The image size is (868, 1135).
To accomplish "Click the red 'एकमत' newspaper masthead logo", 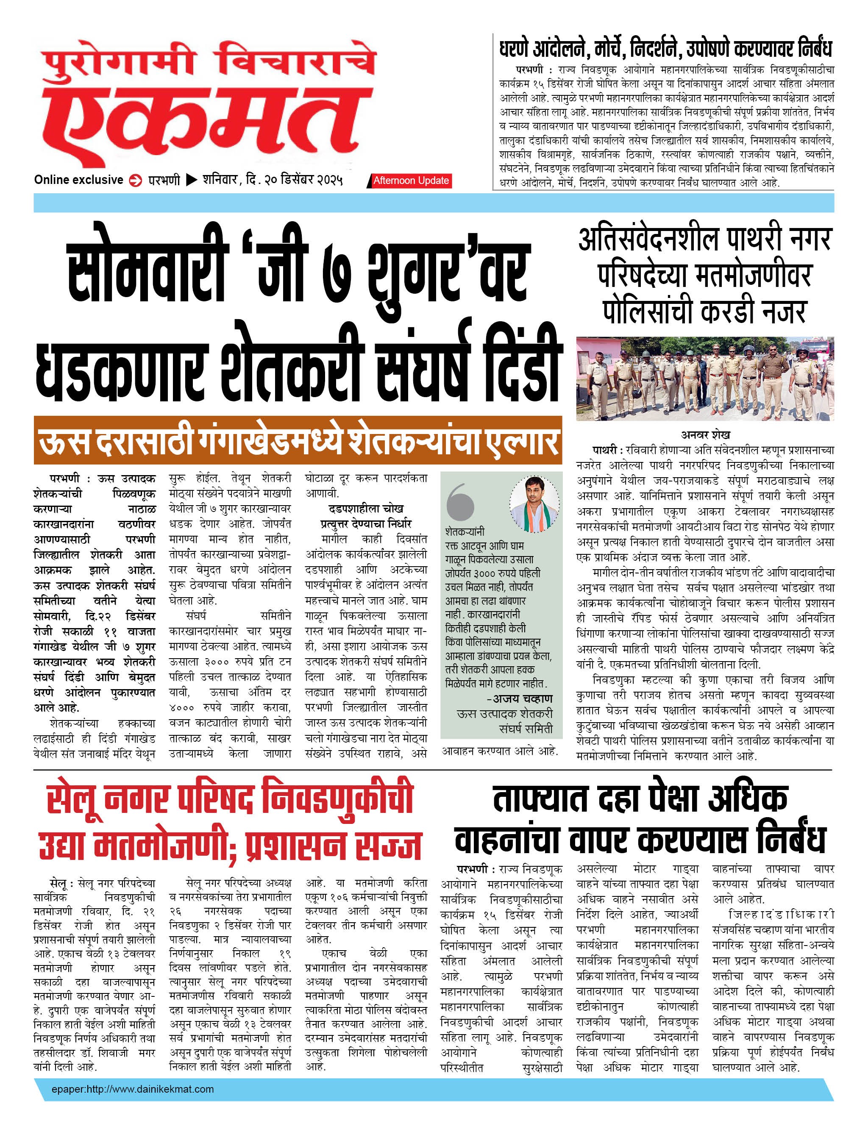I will pyautogui.click(x=207, y=121).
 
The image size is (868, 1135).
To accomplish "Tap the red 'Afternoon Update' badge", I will pyautogui.click(x=411, y=180).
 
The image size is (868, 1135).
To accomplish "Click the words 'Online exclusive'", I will pyautogui.click(x=78, y=180).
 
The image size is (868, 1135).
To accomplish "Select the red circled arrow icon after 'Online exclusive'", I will pyautogui.click(x=135, y=180).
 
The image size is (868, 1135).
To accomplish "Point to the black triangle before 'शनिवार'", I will pyautogui.click(x=191, y=180).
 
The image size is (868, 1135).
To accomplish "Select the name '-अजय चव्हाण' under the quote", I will pyautogui.click(x=519, y=698).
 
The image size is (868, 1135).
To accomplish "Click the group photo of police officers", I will pyautogui.click(x=705, y=378).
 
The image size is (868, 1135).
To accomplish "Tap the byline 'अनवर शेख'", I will pyautogui.click(x=705, y=434).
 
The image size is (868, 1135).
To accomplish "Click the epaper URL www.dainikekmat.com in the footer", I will pyautogui.click(x=132, y=1089).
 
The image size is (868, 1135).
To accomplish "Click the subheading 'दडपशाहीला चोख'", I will pyautogui.click(x=366, y=508).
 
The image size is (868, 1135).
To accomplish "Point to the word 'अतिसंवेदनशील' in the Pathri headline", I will pyautogui.click(x=648, y=239).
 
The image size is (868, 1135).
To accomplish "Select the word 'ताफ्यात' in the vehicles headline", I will pyautogui.click(x=540, y=799).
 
